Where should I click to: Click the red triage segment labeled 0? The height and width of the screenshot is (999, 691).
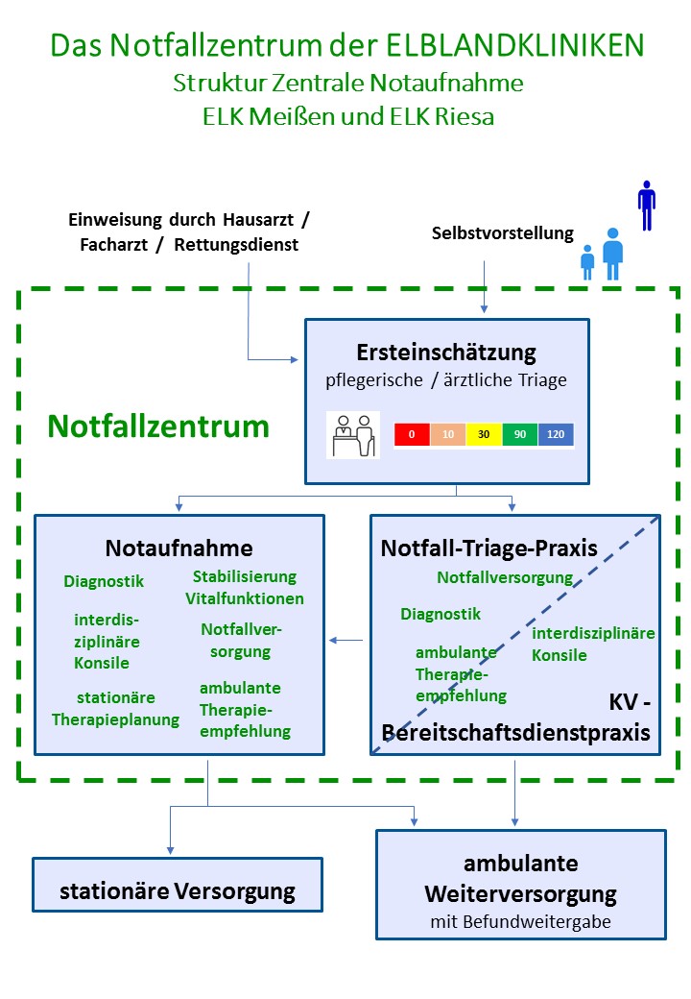click(412, 434)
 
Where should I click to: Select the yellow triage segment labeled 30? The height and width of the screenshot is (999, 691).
click(484, 434)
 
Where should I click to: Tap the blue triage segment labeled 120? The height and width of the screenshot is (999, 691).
click(556, 434)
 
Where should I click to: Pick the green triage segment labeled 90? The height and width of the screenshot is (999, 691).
click(520, 434)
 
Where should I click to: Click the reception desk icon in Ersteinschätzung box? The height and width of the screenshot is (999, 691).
click(352, 435)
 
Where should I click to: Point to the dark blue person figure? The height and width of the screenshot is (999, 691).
click(647, 206)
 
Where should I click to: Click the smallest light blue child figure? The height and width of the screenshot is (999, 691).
click(587, 262)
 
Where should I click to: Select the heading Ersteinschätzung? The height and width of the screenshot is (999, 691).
click(445, 351)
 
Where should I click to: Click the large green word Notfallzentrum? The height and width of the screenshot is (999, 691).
click(158, 426)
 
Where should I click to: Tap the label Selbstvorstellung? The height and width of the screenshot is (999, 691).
click(502, 232)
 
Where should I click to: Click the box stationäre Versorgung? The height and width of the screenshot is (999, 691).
click(178, 890)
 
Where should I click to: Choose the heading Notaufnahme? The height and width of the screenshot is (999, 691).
click(179, 548)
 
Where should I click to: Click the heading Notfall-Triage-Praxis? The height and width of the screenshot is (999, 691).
click(489, 548)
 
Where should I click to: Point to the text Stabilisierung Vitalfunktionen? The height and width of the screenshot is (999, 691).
click(245, 587)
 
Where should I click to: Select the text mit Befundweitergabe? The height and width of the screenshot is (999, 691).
click(520, 921)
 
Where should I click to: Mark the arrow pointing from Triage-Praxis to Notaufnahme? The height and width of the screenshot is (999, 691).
click(346, 640)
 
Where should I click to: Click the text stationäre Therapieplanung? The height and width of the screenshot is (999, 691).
click(116, 708)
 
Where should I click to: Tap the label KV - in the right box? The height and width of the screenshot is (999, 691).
click(630, 703)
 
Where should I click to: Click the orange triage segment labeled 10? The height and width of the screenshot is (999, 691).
click(448, 434)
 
